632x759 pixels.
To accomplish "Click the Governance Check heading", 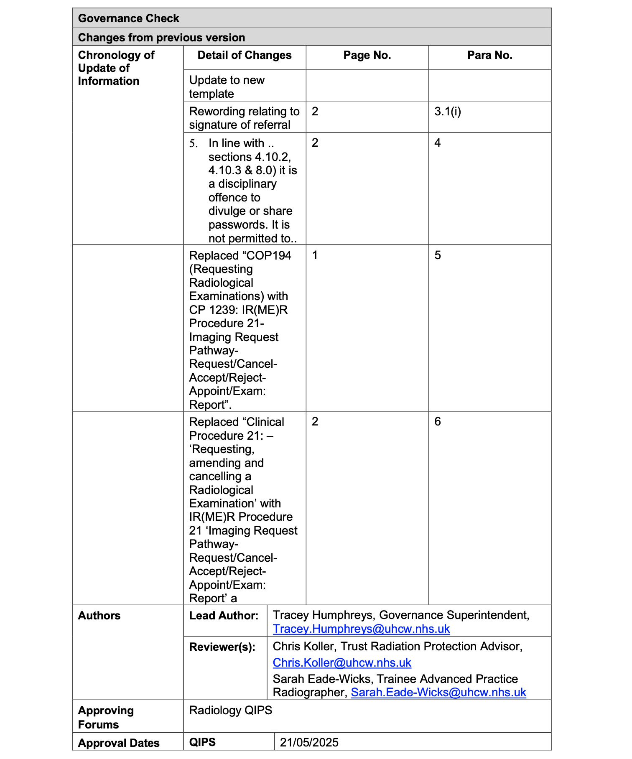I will (128, 18).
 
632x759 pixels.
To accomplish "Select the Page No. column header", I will (367, 56).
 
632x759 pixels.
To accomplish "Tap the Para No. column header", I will (489, 56).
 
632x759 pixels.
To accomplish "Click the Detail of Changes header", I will (245, 56).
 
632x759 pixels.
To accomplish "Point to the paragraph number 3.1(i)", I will (448, 112).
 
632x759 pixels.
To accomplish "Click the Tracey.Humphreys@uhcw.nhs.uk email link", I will (361, 629).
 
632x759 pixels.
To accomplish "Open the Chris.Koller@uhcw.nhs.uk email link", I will (342, 663).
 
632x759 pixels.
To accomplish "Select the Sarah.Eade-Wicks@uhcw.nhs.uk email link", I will (438, 693).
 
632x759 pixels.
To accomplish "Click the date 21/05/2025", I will (309, 742).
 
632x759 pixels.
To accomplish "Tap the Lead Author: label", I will (224, 616).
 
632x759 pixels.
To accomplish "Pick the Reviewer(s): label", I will (222, 647).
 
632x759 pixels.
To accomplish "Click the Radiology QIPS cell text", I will (230, 711).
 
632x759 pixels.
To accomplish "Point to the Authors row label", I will (99, 616).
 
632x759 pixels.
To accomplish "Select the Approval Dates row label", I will (119, 743).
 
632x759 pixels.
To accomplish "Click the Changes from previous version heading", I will (161, 38).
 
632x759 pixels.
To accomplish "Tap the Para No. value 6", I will (438, 421).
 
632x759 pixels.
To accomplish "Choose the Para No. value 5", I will (438, 255).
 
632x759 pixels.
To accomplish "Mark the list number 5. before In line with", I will (193, 143).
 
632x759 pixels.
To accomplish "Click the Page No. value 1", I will (315, 255).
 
